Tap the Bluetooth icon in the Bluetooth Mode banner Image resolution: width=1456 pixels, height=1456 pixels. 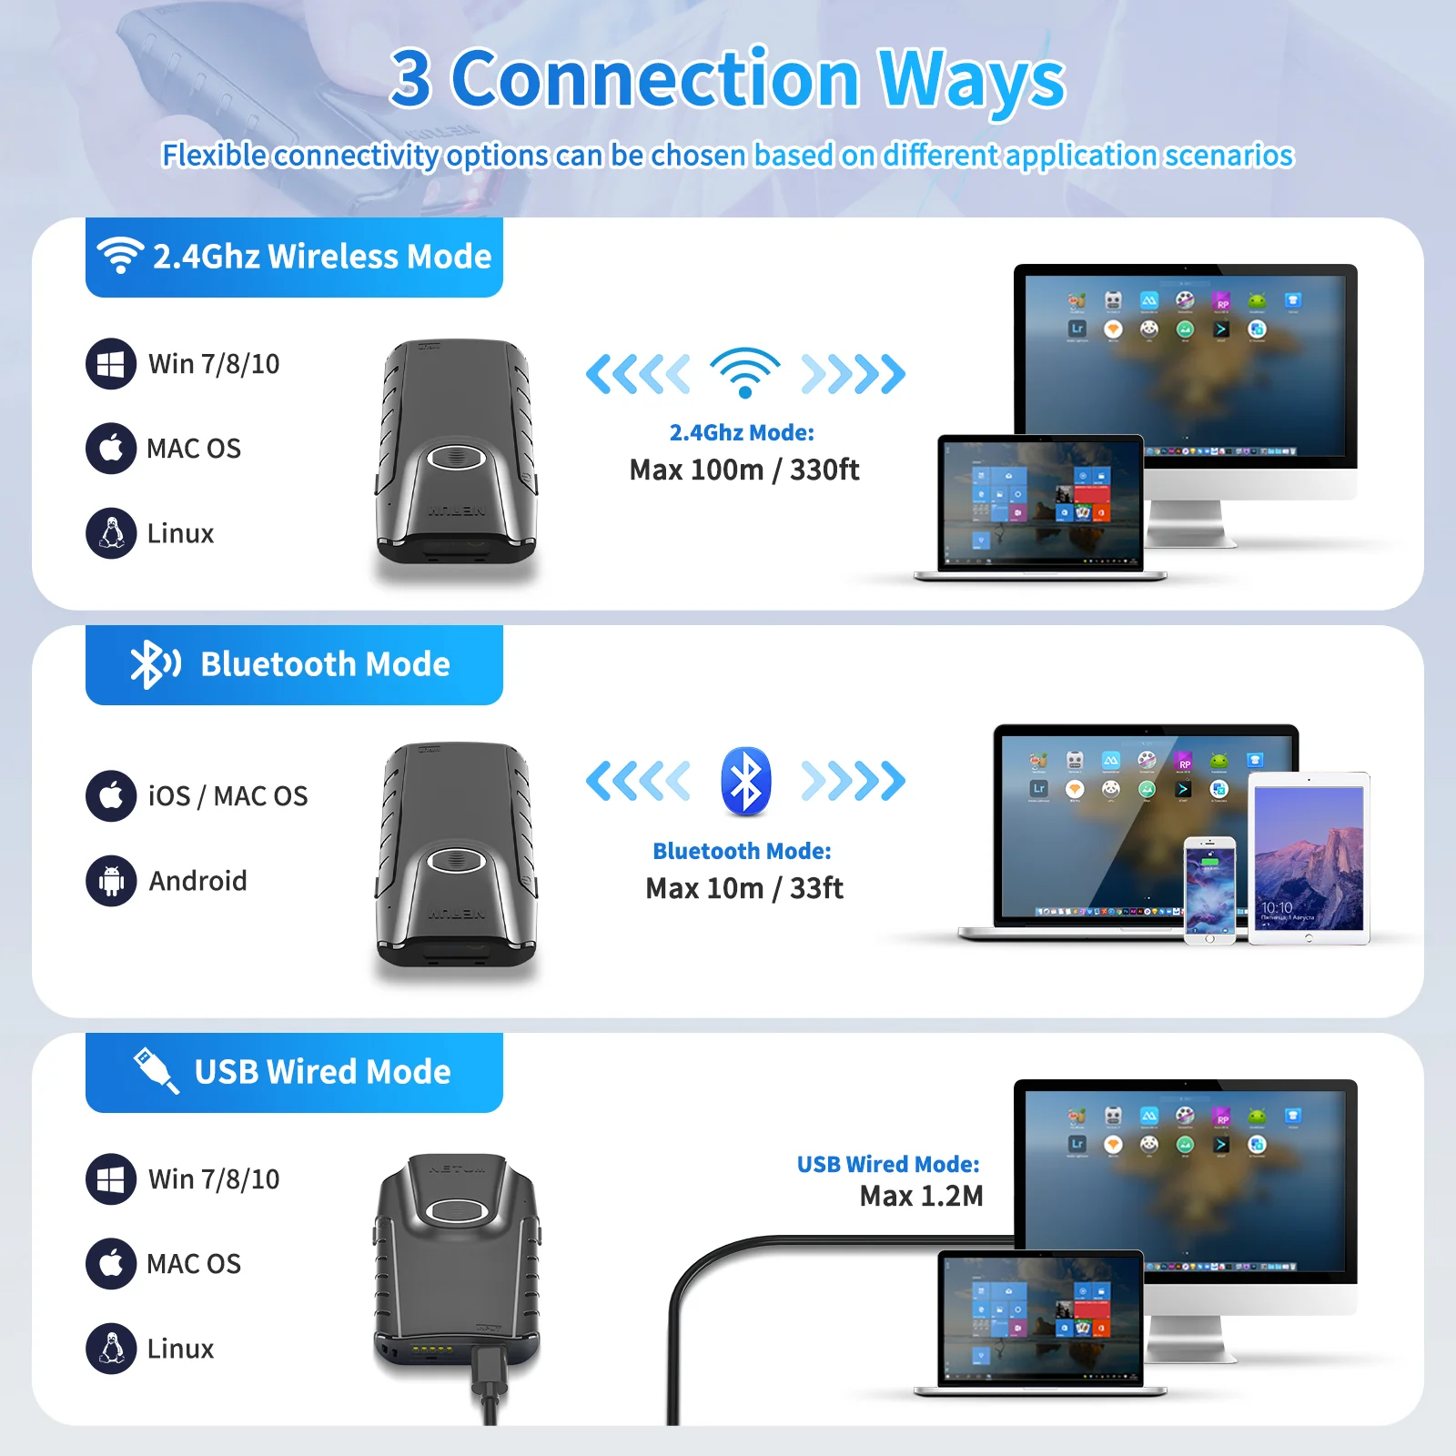[155, 664]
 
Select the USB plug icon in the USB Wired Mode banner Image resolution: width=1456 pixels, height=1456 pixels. [156, 1070]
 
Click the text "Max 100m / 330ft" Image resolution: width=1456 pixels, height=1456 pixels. [744, 470]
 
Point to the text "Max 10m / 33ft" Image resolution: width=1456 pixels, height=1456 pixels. [744, 888]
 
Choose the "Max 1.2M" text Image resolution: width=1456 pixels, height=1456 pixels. [921, 1196]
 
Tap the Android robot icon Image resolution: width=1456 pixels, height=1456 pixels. [111, 881]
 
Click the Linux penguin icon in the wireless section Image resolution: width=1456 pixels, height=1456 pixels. [111, 533]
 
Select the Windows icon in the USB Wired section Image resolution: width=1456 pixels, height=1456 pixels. [111, 1179]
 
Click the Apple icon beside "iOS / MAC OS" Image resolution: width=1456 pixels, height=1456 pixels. [111, 796]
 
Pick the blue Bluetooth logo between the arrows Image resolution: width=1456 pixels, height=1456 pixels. [746, 781]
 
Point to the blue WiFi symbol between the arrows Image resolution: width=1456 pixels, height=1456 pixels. [745, 372]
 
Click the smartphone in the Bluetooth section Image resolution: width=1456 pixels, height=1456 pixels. [1209, 891]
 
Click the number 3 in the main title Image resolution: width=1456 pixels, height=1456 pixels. [411, 79]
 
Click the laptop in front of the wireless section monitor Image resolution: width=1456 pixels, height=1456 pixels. [1040, 508]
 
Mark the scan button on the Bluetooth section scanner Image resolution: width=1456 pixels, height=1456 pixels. [457, 859]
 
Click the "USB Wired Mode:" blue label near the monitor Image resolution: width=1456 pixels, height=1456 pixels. [888, 1164]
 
